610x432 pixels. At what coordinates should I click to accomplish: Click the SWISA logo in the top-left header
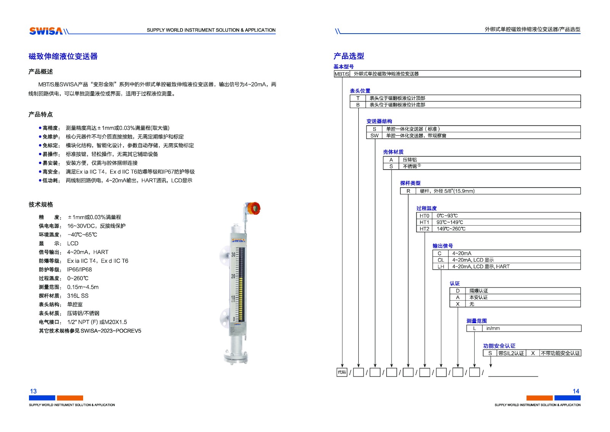(x=46, y=31)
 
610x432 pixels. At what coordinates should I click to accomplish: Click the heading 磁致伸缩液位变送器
(x=63, y=57)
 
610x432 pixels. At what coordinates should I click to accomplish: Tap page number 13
(x=33, y=391)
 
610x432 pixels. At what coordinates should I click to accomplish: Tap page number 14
(x=576, y=391)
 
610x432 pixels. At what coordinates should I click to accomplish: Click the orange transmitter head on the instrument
(x=254, y=208)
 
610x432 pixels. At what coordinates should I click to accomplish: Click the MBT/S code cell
(x=342, y=74)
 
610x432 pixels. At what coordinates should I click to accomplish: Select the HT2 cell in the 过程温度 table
(x=424, y=229)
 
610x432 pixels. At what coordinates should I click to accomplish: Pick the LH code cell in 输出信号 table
(x=441, y=267)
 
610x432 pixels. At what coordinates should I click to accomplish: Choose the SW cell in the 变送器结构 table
(x=374, y=136)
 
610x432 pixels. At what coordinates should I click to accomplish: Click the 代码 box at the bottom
(x=342, y=372)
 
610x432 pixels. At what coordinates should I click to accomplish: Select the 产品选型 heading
(x=348, y=56)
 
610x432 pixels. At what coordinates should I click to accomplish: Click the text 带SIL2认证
(x=511, y=353)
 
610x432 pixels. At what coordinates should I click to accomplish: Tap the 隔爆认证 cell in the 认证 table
(x=478, y=291)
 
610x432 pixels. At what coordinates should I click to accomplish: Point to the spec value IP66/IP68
(x=79, y=270)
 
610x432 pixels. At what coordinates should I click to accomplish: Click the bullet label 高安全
(x=51, y=172)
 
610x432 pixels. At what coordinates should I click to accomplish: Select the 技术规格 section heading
(x=41, y=205)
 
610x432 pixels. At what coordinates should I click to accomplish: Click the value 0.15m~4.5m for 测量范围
(x=83, y=287)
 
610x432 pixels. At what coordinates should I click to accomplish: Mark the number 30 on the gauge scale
(x=233, y=255)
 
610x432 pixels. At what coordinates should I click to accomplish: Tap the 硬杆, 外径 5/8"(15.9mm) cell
(x=447, y=191)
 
